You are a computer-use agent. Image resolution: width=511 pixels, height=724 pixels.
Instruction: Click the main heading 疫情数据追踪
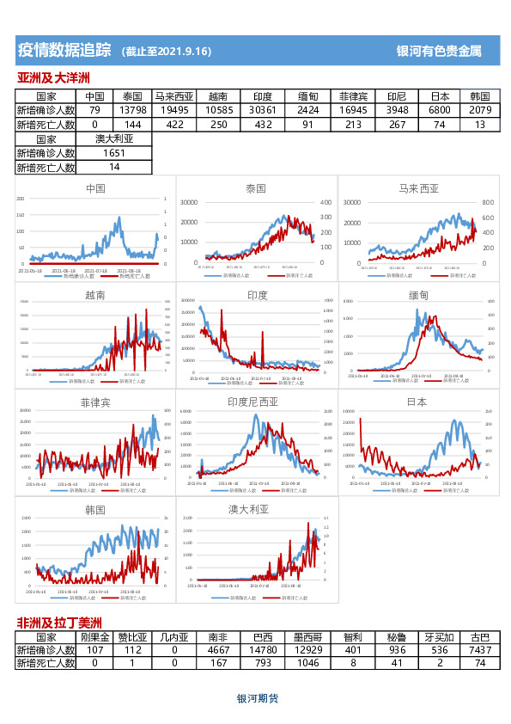tap(64, 50)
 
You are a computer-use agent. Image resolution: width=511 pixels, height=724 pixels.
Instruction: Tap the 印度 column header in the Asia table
tap(263, 96)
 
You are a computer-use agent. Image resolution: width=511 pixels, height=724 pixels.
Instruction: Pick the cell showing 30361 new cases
tap(263, 110)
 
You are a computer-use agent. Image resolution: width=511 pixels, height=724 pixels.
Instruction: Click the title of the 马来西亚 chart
tap(418, 188)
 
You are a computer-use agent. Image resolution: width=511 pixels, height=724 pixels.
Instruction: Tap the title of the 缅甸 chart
tap(418, 295)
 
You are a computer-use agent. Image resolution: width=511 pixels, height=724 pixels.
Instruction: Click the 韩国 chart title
tap(95, 510)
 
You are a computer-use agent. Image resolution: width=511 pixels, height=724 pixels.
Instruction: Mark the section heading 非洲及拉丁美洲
tap(59, 623)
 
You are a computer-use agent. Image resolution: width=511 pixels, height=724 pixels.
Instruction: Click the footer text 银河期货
tap(257, 699)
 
